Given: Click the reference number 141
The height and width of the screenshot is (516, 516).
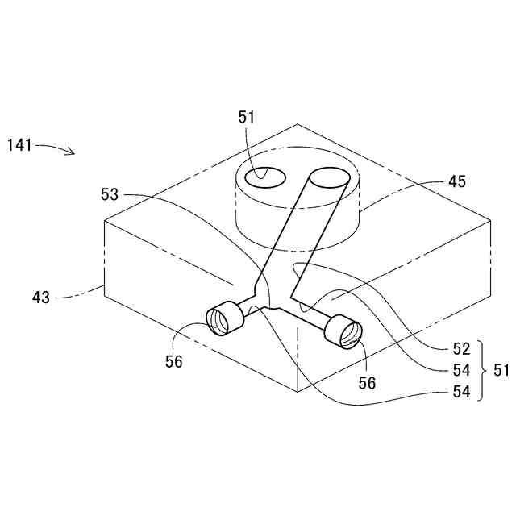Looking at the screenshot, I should (19, 145).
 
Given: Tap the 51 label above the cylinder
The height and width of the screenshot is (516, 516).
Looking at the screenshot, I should (247, 117).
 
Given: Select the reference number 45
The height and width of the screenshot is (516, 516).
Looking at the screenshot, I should (457, 181).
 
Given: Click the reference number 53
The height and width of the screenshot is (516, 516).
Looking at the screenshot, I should (110, 194).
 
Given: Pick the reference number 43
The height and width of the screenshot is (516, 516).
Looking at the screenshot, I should (41, 297).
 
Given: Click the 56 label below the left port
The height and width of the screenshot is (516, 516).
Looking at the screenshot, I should (174, 362).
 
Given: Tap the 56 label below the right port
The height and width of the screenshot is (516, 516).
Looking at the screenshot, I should (367, 384).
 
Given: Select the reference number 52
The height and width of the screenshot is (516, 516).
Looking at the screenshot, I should (461, 349).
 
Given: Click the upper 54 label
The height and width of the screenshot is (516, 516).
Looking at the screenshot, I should (461, 370).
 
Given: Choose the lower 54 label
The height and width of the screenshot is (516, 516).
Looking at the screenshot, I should (461, 393).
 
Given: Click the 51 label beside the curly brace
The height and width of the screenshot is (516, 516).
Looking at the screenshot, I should (501, 371).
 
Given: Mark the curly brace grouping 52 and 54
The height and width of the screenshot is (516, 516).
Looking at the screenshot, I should (481, 371).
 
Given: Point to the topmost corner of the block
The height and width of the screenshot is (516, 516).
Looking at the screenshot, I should (298, 124).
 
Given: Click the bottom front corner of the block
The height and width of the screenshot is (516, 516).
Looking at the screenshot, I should (298, 392).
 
